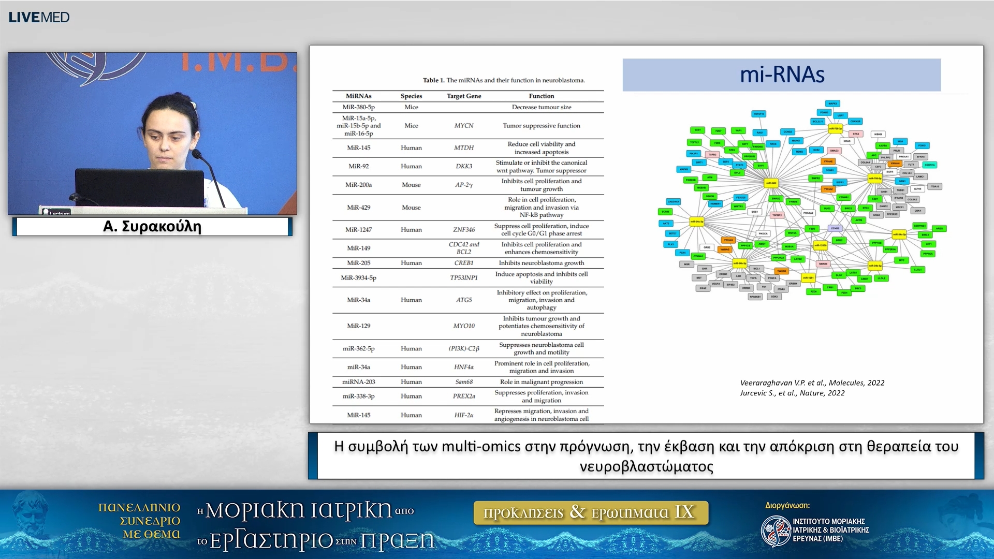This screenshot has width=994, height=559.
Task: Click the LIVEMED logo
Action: pos(39,17)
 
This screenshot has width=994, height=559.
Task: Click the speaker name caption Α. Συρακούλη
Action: pos(152,227)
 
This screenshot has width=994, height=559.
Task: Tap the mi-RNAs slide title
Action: pos(781,75)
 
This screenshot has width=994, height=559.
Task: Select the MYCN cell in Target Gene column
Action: pos(464,126)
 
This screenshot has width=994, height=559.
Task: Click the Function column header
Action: pos(541,96)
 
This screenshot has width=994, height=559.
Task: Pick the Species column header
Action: pos(411,96)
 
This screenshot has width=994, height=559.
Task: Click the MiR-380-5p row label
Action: pos(358,107)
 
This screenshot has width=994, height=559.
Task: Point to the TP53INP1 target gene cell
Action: pos(464,278)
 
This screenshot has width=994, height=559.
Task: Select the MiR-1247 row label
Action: pos(358,230)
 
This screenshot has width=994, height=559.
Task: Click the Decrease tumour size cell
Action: pos(541,107)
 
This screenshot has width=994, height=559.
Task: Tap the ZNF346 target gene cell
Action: pos(464,230)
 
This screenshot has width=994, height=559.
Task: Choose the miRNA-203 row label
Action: pos(358,382)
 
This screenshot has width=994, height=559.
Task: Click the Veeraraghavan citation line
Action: pos(812,383)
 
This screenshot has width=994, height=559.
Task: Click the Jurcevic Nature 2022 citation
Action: pos(792,393)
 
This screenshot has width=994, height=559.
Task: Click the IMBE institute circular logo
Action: pos(775,531)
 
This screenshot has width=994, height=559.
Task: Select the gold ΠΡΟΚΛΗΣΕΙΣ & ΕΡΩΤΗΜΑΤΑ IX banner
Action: pos(590,512)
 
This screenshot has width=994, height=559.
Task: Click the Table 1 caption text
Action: pos(503,80)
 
